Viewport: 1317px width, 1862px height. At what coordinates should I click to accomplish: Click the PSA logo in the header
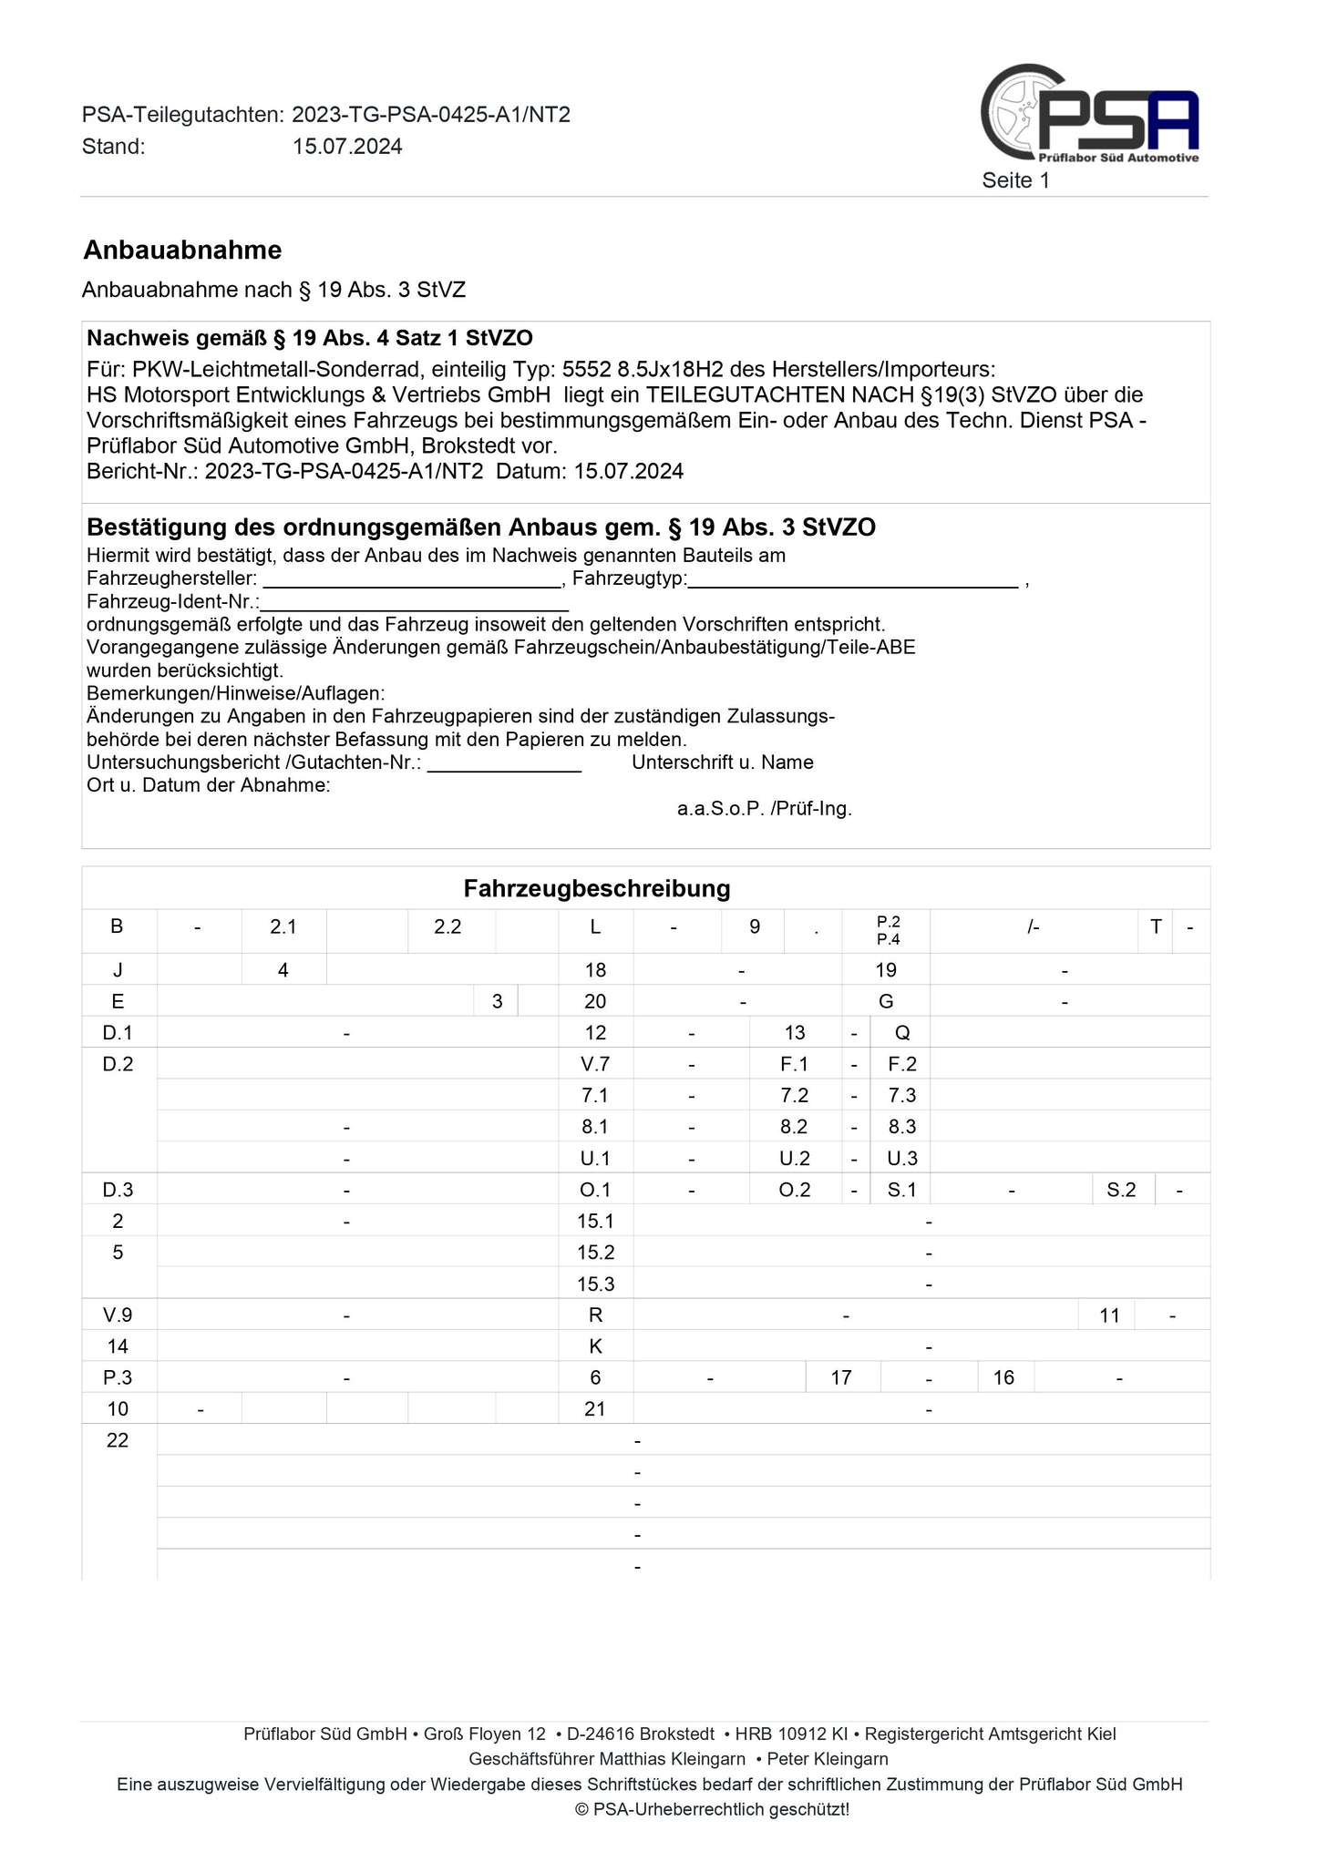pyautogui.click(x=1090, y=114)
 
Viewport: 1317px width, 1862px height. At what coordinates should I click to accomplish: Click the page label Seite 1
pyautogui.click(x=1015, y=180)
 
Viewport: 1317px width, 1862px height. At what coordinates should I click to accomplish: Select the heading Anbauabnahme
pyautogui.click(x=182, y=250)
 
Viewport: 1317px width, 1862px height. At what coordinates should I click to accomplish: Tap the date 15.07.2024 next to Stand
pyautogui.click(x=347, y=147)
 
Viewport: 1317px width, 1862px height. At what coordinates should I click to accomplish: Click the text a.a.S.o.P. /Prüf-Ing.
pyautogui.click(x=764, y=808)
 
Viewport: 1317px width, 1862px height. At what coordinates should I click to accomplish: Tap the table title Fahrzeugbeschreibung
pyautogui.click(x=597, y=888)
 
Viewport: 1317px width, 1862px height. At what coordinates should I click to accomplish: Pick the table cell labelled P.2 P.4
pyautogui.click(x=888, y=930)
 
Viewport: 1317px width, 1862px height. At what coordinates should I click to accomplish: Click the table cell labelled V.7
pyautogui.click(x=595, y=1064)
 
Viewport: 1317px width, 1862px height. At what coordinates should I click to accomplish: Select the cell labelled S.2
pyautogui.click(x=1121, y=1190)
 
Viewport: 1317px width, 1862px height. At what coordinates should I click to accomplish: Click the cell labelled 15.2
pyautogui.click(x=595, y=1253)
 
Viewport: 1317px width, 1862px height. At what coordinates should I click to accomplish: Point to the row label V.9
pyautogui.click(x=118, y=1315)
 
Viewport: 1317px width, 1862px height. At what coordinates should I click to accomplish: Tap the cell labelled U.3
pyautogui.click(x=901, y=1159)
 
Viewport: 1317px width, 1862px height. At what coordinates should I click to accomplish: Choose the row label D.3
pyautogui.click(x=118, y=1190)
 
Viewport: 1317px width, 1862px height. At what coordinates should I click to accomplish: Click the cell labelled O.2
pyautogui.click(x=794, y=1190)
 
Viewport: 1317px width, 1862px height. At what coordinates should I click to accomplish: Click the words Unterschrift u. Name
pyautogui.click(x=722, y=762)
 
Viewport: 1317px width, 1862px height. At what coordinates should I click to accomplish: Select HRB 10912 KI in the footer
pyautogui.click(x=792, y=1734)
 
